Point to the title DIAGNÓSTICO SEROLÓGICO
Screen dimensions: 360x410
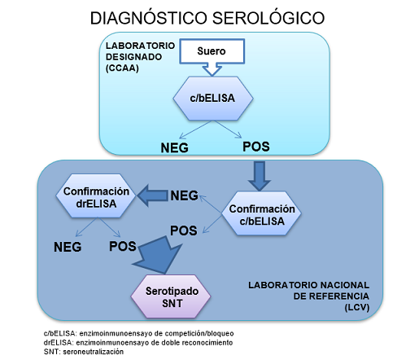point(206,17)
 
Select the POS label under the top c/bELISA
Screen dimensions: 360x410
point(255,147)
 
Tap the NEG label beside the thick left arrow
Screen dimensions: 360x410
point(185,195)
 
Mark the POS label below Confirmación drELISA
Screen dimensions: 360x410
point(123,246)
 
